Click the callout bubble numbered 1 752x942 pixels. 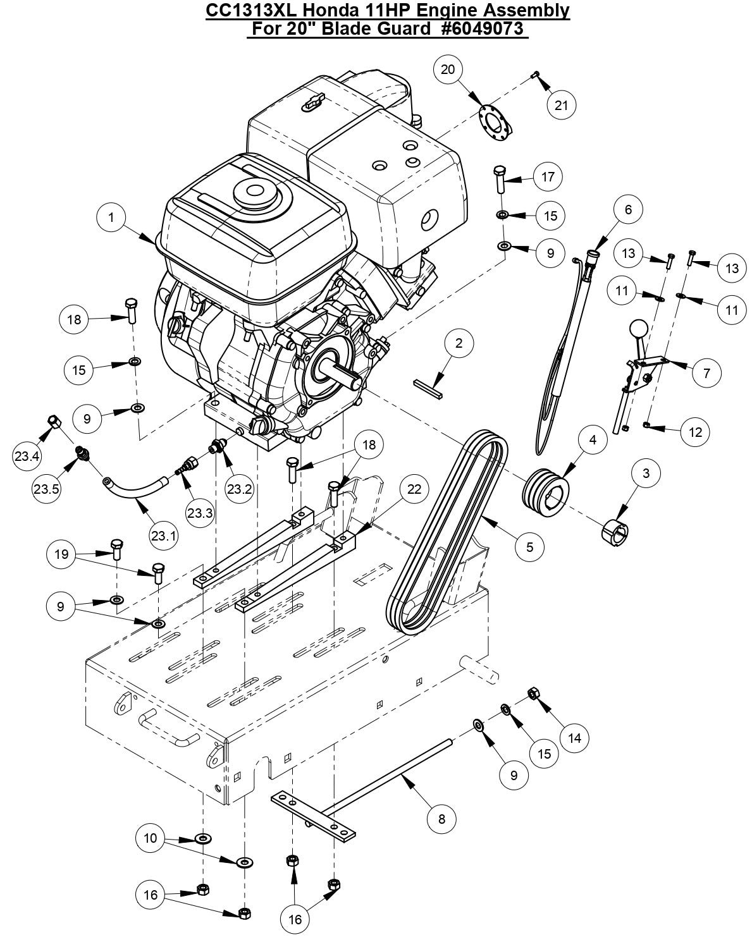[x=111, y=217]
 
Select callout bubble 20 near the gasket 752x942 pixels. [x=448, y=70]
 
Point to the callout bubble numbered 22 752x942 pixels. [x=414, y=489]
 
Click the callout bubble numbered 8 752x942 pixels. [x=441, y=819]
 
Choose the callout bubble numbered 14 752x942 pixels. [x=574, y=737]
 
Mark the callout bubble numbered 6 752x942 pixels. [x=628, y=210]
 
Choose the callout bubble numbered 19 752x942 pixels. [x=61, y=554]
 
